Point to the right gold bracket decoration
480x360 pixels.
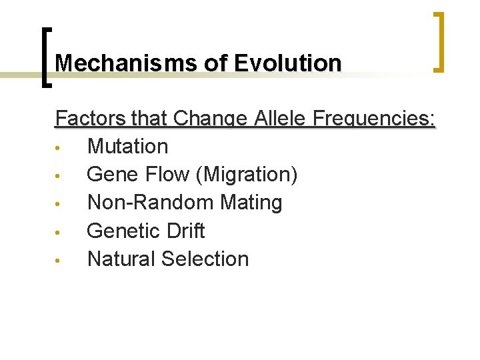coord(439,41)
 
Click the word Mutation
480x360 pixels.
coord(128,147)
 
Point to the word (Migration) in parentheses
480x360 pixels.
coord(247,175)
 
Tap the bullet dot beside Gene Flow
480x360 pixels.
coord(59,176)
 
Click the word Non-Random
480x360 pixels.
coord(148,203)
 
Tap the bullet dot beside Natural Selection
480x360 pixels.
coord(59,261)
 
